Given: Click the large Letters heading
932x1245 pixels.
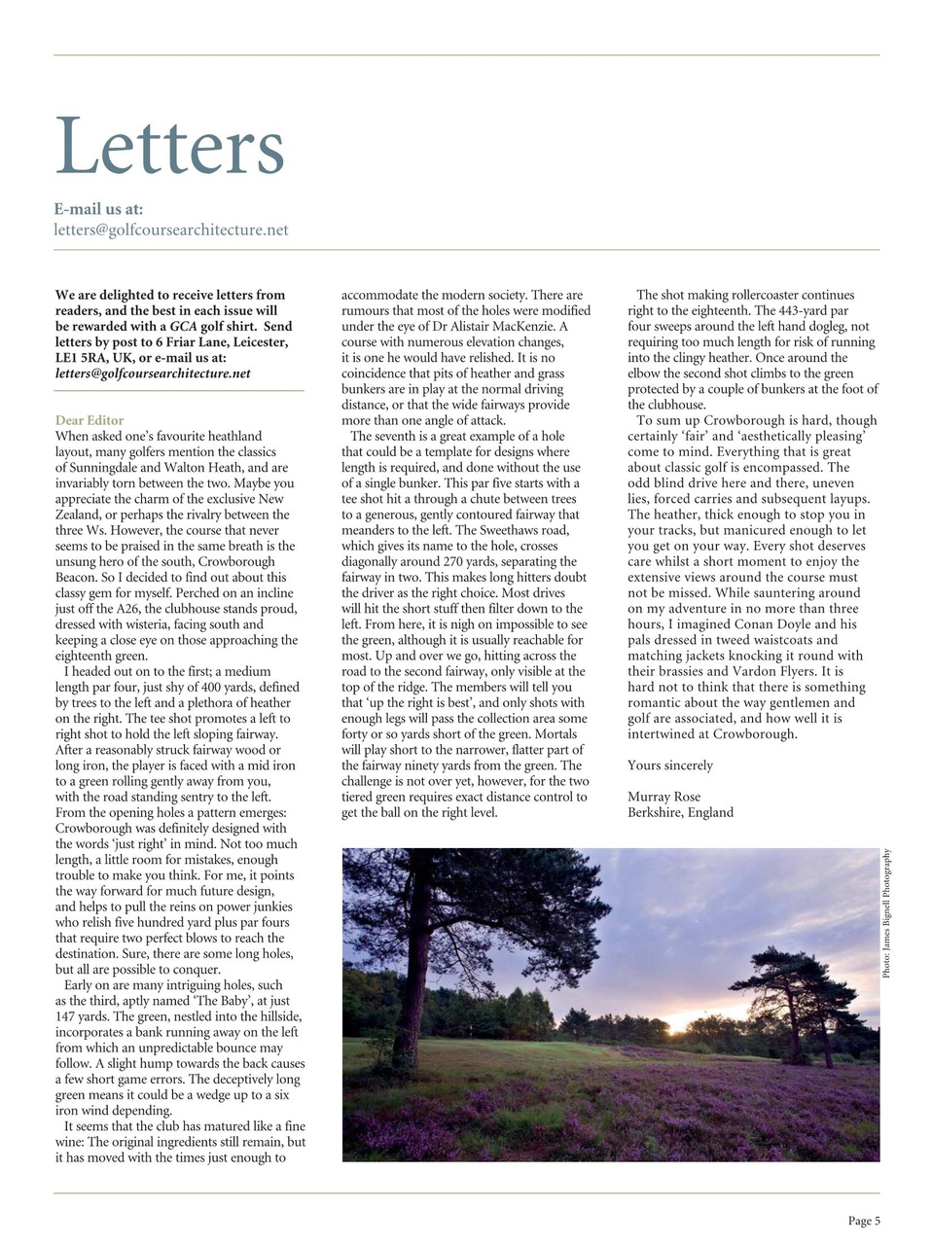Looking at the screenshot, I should point(170,147).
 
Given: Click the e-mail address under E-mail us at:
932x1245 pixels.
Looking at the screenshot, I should point(171,231).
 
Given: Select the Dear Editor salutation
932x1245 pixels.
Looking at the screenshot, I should point(90,421).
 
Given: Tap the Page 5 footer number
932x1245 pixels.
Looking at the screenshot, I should point(863,1221).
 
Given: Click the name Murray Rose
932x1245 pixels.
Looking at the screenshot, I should point(663,797).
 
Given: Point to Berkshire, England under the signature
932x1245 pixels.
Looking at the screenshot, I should point(680,812).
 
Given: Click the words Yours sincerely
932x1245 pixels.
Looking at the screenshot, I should point(669,765).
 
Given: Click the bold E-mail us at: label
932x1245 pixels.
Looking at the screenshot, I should point(98,208).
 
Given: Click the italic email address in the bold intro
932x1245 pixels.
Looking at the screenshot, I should point(153,373).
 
